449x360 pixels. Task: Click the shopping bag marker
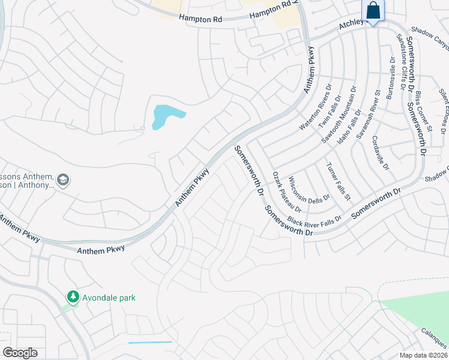pyautogui.click(x=373, y=11)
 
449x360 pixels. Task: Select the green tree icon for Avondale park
pyautogui.click(x=73, y=297)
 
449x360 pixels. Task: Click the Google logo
pyautogui.click(x=20, y=352)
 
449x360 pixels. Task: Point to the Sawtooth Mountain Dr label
pyautogui.click(x=339, y=115)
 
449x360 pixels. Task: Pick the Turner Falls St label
pyautogui.click(x=338, y=182)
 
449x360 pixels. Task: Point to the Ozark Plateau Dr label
pyautogui.click(x=282, y=190)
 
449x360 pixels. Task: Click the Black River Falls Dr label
pyautogui.click(x=314, y=215)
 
